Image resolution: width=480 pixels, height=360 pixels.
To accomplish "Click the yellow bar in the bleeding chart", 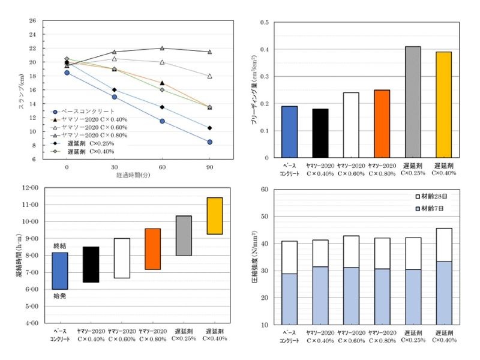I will coord(443,105).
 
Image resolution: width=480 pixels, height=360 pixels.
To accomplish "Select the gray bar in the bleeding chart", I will coord(412,102).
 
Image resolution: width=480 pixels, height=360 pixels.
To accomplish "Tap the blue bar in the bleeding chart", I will coord(289,132).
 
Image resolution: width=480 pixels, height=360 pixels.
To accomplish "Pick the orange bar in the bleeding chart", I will coord(382,124).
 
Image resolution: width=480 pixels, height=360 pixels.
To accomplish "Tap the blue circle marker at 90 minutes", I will coord(210,142).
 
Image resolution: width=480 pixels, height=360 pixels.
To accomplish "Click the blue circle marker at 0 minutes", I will coord(67,73).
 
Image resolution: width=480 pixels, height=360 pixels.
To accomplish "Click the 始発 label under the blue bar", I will coord(60,295).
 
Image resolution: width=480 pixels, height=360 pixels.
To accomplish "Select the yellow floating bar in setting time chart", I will coord(214,215).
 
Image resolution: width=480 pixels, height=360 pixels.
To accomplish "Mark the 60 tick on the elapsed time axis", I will coord(162,166).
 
